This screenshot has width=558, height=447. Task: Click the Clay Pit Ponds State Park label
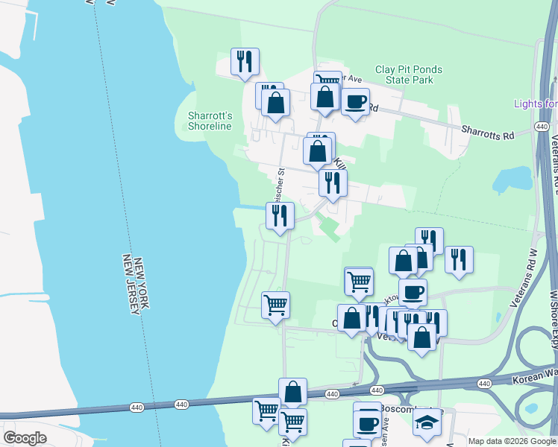(x=408, y=74)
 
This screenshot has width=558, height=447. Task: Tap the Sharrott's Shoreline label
(x=210, y=121)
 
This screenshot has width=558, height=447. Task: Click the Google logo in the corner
(x=25, y=438)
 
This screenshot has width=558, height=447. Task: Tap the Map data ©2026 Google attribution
(x=512, y=441)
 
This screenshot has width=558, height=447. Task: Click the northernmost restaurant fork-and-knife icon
(x=244, y=61)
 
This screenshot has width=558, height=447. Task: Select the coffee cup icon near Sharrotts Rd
(x=355, y=101)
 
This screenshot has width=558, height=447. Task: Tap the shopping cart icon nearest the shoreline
(x=275, y=304)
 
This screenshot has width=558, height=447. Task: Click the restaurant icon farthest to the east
(x=459, y=259)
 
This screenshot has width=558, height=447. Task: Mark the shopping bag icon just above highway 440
(x=292, y=390)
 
